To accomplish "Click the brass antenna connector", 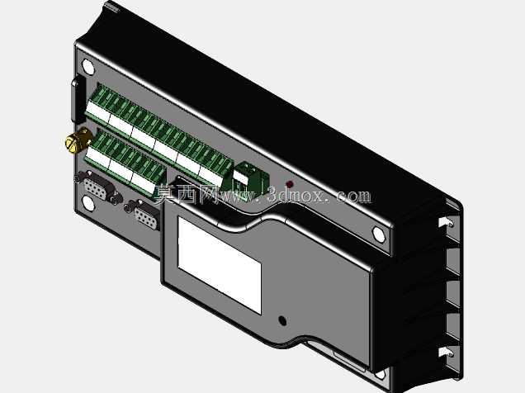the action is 78,140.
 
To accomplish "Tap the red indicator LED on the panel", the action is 290,184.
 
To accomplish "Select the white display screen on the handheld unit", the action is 220,265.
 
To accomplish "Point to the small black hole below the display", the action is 282,320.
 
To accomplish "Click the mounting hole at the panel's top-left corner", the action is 88,66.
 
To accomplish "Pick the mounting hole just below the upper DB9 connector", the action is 88,204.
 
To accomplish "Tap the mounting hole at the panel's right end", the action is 378,234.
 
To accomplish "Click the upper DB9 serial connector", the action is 98,187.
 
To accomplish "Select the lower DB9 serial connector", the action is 144,215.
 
